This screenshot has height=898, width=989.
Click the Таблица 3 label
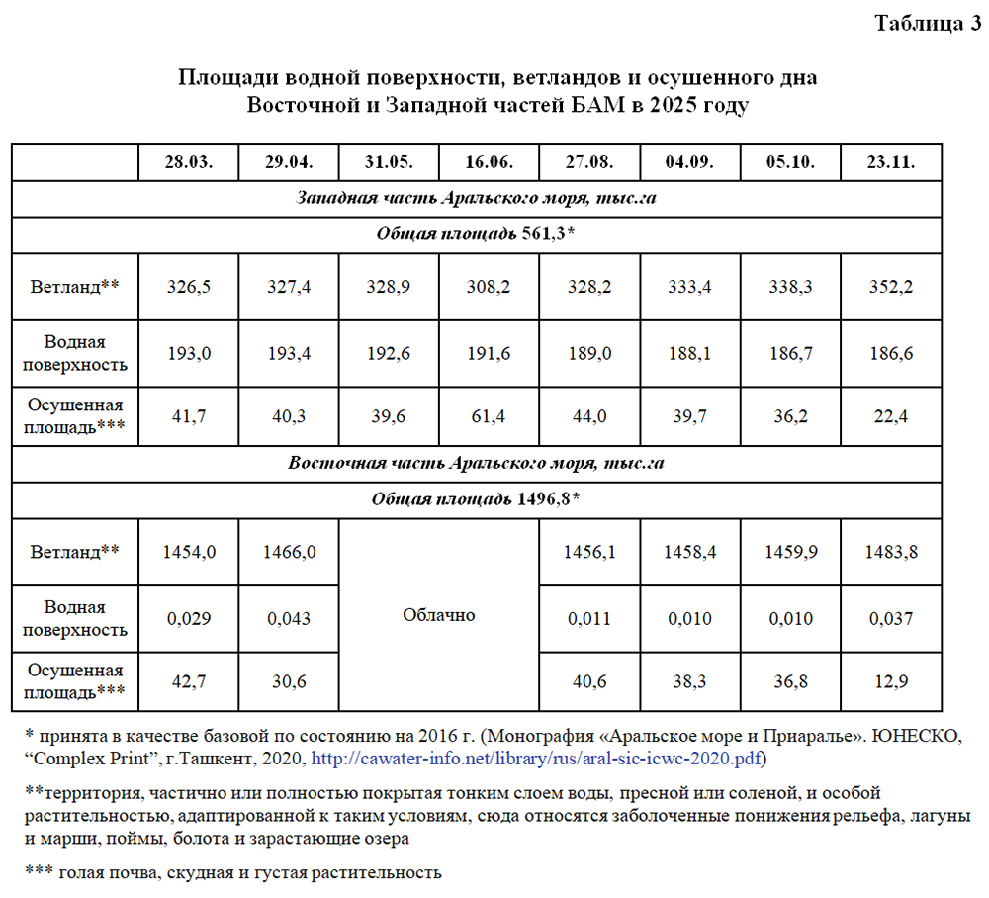click(x=926, y=24)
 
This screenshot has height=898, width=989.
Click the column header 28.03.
click(x=189, y=162)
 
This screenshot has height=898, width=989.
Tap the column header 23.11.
click(x=890, y=162)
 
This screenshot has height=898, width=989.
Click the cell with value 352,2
click(x=890, y=287)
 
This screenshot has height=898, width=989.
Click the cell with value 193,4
click(x=289, y=353)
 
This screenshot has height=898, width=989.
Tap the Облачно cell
click(x=439, y=615)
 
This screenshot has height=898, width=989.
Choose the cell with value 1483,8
click(x=890, y=552)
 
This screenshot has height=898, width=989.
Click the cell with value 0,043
click(x=289, y=618)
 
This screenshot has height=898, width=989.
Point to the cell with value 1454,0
click(x=189, y=552)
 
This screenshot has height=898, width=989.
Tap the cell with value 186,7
click(x=789, y=353)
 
